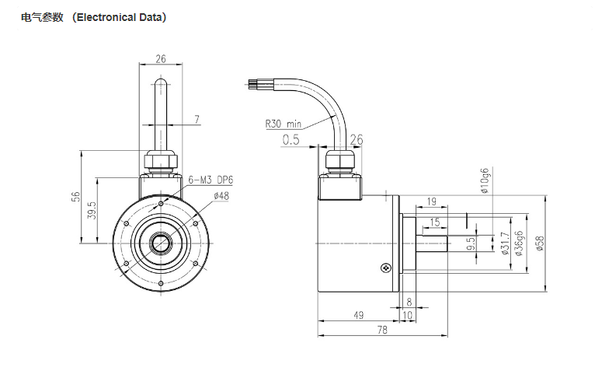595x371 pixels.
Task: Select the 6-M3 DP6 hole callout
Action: pyautogui.click(x=211, y=180)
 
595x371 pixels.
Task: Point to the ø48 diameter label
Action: pyautogui.click(x=221, y=197)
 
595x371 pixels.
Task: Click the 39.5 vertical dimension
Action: pyautogui.click(x=91, y=210)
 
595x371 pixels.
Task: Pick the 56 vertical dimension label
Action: pyautogui.click(x=76, y=197)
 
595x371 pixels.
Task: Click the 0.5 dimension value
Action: pyautogui.click(x=291, y=140)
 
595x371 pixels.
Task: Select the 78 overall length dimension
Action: pyautogui.click(x=382, y=330)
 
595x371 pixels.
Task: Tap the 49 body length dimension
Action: pyautogui.click(x=358, y=315)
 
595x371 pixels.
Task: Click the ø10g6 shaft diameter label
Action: pyautogui.click(x=485, y=182)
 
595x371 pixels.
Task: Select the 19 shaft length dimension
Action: pyautogui.click(x=431, y=202)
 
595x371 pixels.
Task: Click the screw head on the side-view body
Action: pyautogui.click(x=386, y=268)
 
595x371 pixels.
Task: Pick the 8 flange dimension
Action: pyautogui.click(x=409, y=301)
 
